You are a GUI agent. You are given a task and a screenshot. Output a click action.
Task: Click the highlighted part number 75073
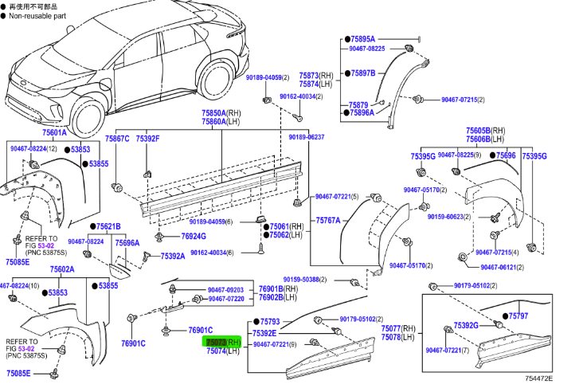[x=217, y=342]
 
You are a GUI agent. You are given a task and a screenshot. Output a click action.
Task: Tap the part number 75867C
[x=117, y=139]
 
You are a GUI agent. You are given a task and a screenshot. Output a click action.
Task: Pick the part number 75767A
[x=327, y=220]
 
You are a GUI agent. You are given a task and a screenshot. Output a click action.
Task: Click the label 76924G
[x=194, y=236]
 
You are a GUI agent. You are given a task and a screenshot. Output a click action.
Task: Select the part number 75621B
[x=109, y=226]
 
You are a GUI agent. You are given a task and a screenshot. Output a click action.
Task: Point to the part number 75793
[x=268, y=320]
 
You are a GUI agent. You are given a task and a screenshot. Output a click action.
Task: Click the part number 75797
[x=519, y=316]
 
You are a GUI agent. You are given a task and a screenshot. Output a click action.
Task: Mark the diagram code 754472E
[x=538, y=378]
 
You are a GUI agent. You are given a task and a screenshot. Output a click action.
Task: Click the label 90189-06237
[x=306, y=137]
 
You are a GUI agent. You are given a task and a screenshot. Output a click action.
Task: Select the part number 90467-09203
[x=225, y=289]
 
